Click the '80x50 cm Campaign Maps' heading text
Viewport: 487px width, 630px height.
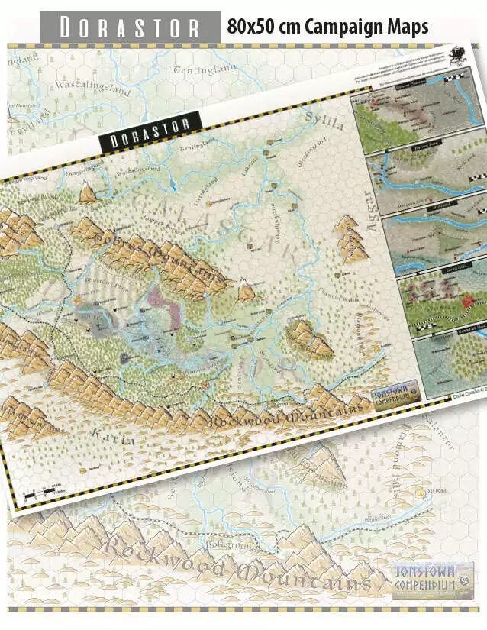coord(327,27)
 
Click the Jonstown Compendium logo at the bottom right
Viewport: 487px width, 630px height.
coord(432,577)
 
